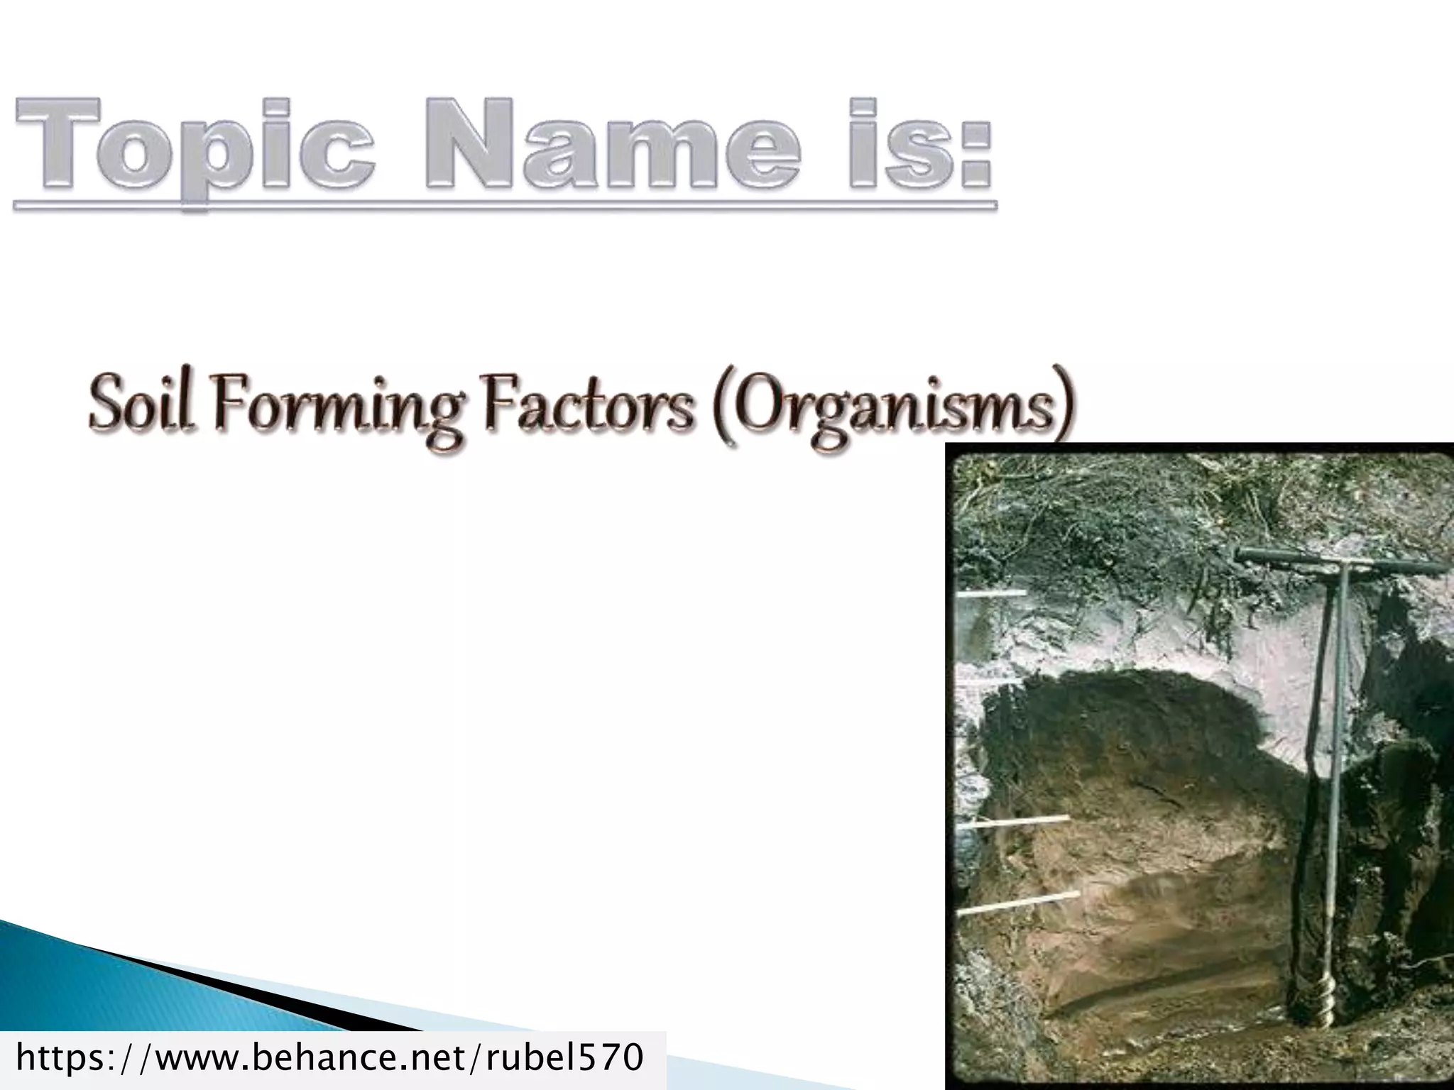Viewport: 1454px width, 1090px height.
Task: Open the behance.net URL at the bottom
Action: pos(330,1057)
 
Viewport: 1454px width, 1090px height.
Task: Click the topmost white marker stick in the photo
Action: pos(990,593)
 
